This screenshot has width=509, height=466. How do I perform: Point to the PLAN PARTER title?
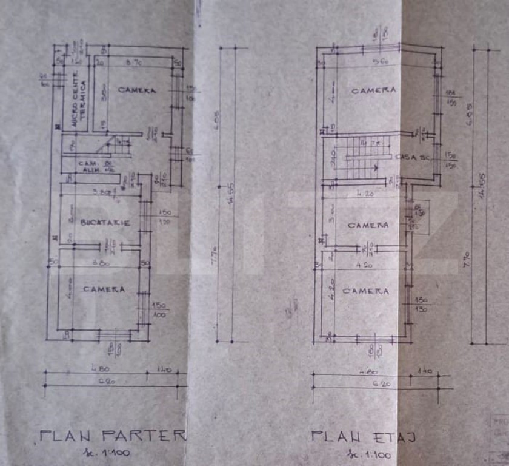click(113, 434)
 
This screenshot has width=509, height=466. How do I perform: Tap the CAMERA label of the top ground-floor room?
click(137, 90)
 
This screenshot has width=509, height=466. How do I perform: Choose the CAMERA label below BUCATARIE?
click(104, 289)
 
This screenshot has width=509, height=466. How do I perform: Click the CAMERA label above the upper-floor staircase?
click(374, 90)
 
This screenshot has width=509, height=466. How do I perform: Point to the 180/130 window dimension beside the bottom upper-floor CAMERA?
click(422, 304)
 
